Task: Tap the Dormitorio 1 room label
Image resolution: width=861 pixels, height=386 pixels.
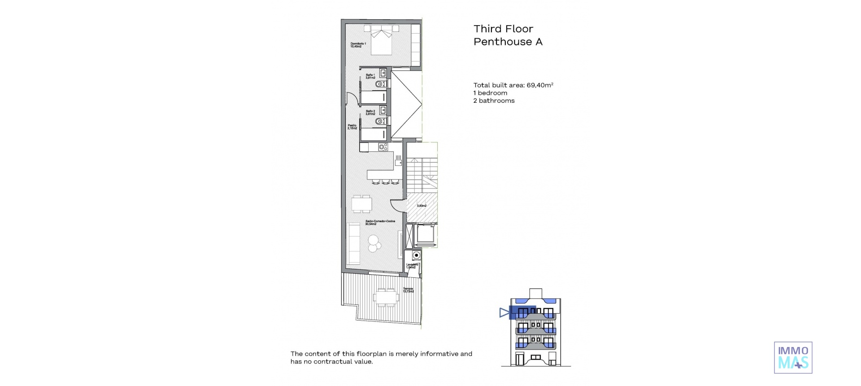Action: (x=358, y=45)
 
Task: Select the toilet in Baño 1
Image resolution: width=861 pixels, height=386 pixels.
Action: (x=380, y=84)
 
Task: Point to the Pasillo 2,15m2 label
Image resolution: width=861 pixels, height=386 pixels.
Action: (x=352, y=127)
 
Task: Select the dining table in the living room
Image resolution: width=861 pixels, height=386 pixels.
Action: (x=361, y=204)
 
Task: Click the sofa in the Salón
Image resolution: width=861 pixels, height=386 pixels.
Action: (x=354, y=244)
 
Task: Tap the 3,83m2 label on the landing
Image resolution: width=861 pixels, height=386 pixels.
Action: (x=422, y=206)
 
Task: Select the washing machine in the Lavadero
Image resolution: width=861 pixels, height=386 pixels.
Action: (x=416, y=255)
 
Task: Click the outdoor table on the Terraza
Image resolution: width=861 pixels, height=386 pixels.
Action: (x=386, y=297)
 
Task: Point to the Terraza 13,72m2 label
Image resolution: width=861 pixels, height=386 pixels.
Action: (x=408, y=290)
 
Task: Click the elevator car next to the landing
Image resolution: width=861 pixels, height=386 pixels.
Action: (x=424, y=234)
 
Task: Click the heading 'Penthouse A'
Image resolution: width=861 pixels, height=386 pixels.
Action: (x=508, y=42)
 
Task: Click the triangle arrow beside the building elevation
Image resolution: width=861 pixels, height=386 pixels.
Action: (x=504, y=312)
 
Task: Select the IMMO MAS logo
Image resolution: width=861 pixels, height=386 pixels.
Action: (x=793, y=357)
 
